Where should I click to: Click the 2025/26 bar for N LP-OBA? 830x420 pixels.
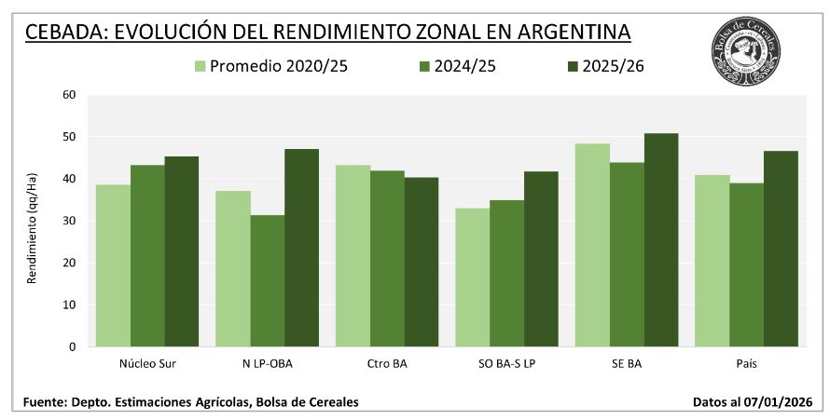pyautogui.click(x=301, y=248)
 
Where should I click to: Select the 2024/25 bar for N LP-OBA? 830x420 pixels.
pyautogui.click(x=268, y=280)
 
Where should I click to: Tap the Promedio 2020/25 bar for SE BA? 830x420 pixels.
pyautogui.click(x=592, y=245)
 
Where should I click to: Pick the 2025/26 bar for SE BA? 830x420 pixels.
pyautogui.click(x=660, y=240)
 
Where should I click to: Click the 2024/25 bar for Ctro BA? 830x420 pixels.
pyautogui.click(x=387, y=259)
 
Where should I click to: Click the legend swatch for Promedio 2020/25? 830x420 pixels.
pyautogui.click(x=200, y=66)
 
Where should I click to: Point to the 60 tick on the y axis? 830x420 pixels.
pyautogui.click(x=69, y=95)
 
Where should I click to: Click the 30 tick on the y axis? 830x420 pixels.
pyautogui.click(x=69, y=221)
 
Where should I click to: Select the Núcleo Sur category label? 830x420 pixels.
pyautogui.click(x=148, y=363)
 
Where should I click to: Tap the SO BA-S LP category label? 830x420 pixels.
pyautogui.click(x=506, y=363)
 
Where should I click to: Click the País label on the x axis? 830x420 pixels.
pyautogui.click(x=746, y=363)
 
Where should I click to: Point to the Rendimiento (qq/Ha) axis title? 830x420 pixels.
pyautogui.click(x=32, y=221)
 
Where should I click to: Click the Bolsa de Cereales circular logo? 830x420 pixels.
pyautogui.click(x=745, y=46)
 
